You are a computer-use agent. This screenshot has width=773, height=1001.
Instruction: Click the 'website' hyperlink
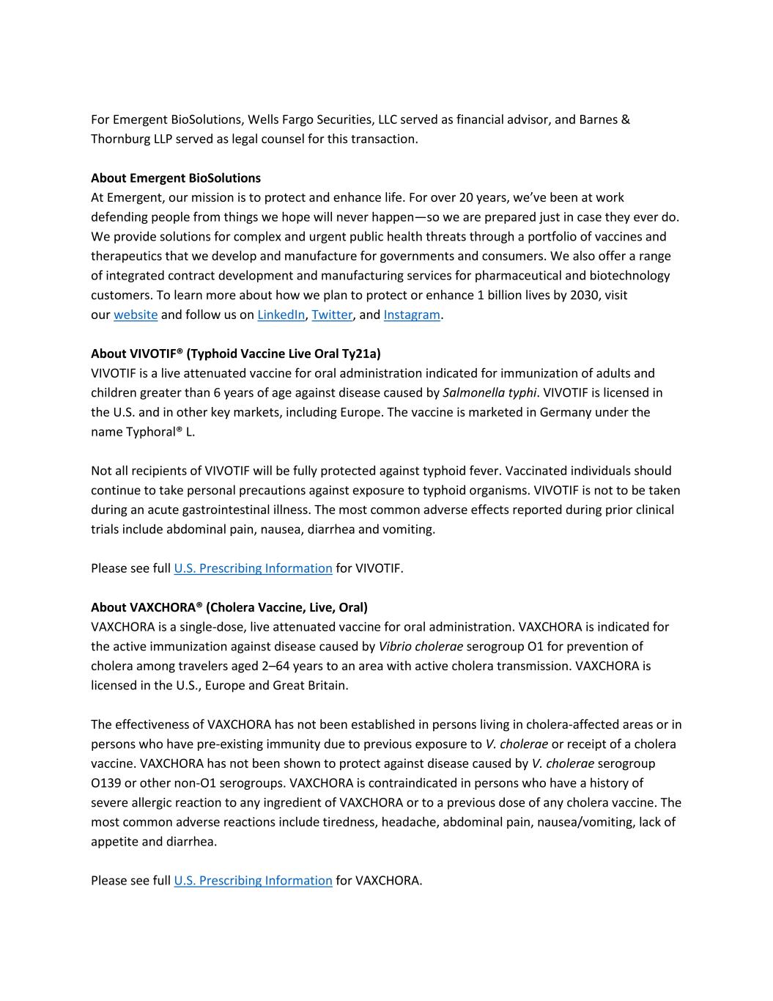tap(136, 315)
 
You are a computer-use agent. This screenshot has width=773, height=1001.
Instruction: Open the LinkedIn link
tap(281, 315)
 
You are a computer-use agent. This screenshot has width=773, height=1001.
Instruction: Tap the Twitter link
tap(332, 315)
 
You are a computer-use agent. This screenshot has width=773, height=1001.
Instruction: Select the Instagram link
tap(412, 315)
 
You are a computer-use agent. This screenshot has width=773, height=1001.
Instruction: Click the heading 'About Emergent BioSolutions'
tap(176, 178)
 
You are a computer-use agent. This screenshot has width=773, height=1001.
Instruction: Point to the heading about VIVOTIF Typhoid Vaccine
tap(236, 353)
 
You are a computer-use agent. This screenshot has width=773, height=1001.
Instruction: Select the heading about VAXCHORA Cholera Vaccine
tap(229, 607)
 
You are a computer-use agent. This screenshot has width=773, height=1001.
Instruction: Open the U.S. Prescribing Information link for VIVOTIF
tap(253, 568)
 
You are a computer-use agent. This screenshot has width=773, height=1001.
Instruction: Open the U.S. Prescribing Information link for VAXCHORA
tap(253, 881)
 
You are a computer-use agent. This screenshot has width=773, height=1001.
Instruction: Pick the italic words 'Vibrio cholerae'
tap(421, 646)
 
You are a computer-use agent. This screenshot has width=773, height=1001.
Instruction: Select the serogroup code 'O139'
tap(106, 783)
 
